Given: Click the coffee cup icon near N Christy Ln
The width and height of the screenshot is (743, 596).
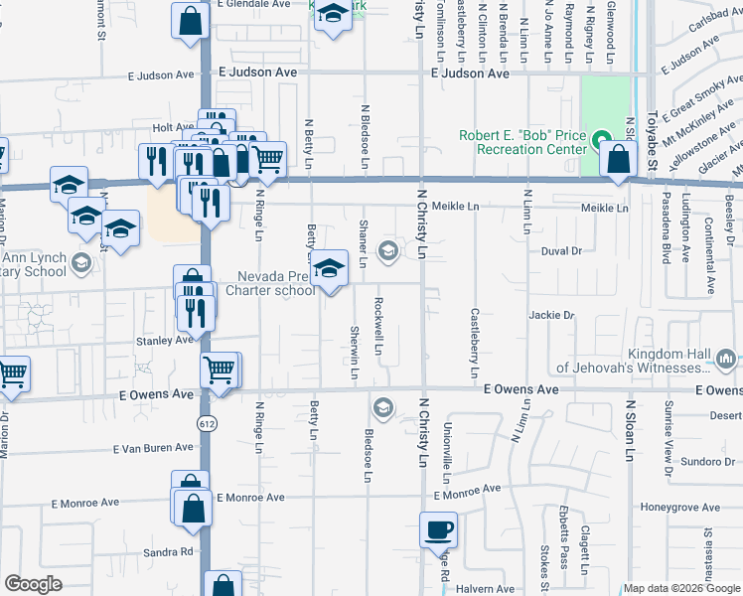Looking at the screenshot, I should (x=438, y=528).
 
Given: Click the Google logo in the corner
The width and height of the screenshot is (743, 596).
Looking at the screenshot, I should (x=33, y=584).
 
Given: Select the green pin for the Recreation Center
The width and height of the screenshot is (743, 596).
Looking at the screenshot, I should (x=598, y=137).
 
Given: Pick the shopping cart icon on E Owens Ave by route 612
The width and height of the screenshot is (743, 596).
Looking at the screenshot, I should (x=220, y=370).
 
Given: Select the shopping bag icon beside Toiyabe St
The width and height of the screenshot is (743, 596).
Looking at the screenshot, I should (x=618, y=159).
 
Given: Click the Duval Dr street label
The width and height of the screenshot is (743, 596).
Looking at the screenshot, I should (x=561, y=251).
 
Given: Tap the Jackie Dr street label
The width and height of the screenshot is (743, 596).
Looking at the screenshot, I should (x=552, y=315).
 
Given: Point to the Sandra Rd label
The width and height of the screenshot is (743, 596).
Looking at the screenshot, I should (x=167, y=551).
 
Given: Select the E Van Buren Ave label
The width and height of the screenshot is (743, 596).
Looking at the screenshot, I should (x=152, y=449).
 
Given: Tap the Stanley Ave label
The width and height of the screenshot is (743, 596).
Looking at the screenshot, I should (x=164, y=340).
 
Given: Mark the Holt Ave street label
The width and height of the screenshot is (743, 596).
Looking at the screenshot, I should (x=173, y=127).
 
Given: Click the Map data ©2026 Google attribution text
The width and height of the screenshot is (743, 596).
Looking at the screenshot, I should (x=680, y=588).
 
